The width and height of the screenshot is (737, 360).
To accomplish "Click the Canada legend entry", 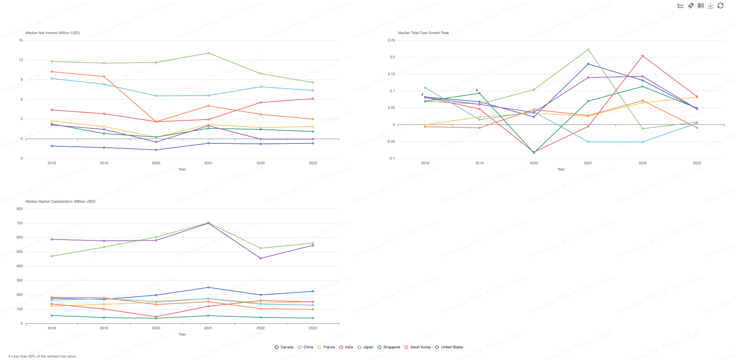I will coord(284,347).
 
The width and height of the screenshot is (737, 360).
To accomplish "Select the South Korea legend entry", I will coord(418,347).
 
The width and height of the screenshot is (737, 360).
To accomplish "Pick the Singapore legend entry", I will coord(389,347).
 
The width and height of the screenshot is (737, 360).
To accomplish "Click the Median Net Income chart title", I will coord(53,33).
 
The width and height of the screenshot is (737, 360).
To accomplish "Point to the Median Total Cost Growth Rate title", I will coord(423,33).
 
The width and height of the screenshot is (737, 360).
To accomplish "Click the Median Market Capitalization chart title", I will coord(60,202).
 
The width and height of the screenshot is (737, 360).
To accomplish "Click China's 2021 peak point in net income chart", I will coord(208,53).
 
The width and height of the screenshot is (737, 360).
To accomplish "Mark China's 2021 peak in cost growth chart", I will coord(588,49).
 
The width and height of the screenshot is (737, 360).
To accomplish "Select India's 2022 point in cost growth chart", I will coord(643,56).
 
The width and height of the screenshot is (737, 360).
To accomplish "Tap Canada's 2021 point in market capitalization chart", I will coord(208,287).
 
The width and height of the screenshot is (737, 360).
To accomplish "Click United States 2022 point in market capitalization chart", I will coord(261,258).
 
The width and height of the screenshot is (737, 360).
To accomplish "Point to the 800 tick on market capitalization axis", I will coord(20,209).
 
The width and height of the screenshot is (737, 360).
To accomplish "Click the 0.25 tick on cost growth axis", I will coord(391,40).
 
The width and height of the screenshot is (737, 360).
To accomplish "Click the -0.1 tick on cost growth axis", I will coord(392,158).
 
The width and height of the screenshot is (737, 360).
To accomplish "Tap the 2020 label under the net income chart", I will coord(156,163).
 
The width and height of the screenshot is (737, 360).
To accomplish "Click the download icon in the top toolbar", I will coord(710,5).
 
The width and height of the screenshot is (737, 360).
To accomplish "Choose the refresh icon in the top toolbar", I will coord(720,5).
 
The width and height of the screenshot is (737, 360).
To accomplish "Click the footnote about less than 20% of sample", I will coord(42,356).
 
